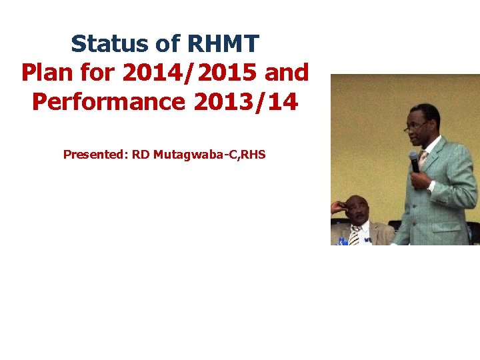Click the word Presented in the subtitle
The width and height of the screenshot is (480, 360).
pyautogui.click(x=94, y=155)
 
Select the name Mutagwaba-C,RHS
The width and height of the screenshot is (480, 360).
pyautogui.click(x=209, y=155)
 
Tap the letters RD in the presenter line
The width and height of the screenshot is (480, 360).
pyautogui.click(x=140, y=155)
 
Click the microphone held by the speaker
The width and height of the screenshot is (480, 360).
pyautogui.click(x=414, y=161)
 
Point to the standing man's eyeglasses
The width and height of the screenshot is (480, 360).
pyautogui.click(x=416, y=125)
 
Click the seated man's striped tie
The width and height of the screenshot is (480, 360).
pyautogui.click(x=355, y=235)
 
